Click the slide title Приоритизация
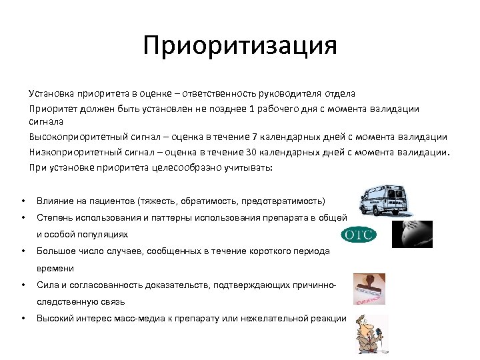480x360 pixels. click(x=240, y=47)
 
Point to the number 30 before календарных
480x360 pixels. click(x=235, y=152)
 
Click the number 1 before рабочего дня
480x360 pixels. click(x=252, y=108)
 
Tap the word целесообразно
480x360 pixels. click(x=187, y=167)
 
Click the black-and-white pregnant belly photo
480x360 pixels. click(x=411, y=234)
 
